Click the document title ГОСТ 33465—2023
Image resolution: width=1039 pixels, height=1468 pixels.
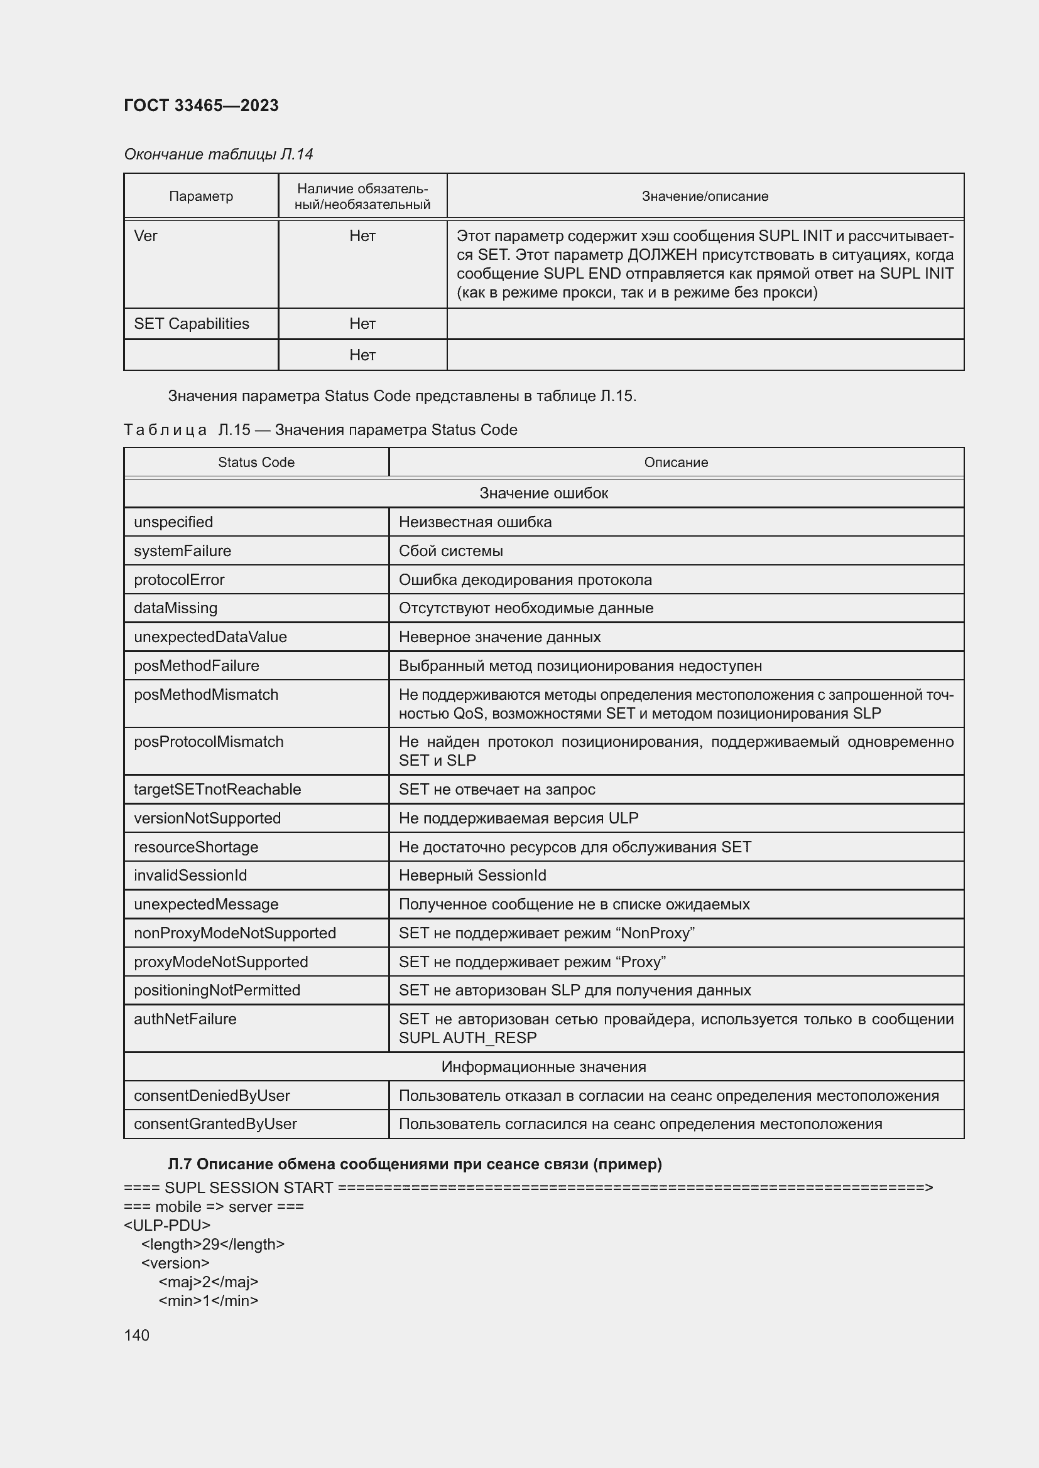click(201, 105)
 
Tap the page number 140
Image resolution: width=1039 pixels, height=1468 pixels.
click(136, 1335)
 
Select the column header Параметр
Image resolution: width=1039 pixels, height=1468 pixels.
click(201, 196)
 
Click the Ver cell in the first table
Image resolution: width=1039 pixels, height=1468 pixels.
click(146, 236)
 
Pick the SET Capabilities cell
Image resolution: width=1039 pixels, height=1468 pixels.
click(192, 323)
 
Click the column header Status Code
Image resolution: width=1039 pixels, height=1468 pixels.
click(256, 463)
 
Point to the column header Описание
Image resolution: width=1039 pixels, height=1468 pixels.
click(676, 463)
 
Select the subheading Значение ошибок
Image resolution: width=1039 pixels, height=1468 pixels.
click(543, 493)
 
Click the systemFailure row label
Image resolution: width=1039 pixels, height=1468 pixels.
click(182, 550)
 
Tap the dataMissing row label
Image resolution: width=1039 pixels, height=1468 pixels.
click(175, 608)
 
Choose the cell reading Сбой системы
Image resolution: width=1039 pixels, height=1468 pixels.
click(450, 550)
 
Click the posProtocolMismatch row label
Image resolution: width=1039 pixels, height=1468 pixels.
click(209, 742)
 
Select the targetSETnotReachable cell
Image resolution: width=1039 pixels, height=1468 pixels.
click(217, 789)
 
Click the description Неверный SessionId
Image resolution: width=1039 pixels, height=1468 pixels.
click(472, 876)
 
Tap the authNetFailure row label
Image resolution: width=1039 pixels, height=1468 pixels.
click(185, 1019)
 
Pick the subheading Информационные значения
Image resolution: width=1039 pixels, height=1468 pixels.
click(543, 1066)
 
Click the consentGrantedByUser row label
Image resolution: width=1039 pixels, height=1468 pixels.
click(215, 1124)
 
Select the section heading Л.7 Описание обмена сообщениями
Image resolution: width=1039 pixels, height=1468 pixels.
click(415, 1164)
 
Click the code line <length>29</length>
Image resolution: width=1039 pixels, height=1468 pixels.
click(212, 1244)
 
